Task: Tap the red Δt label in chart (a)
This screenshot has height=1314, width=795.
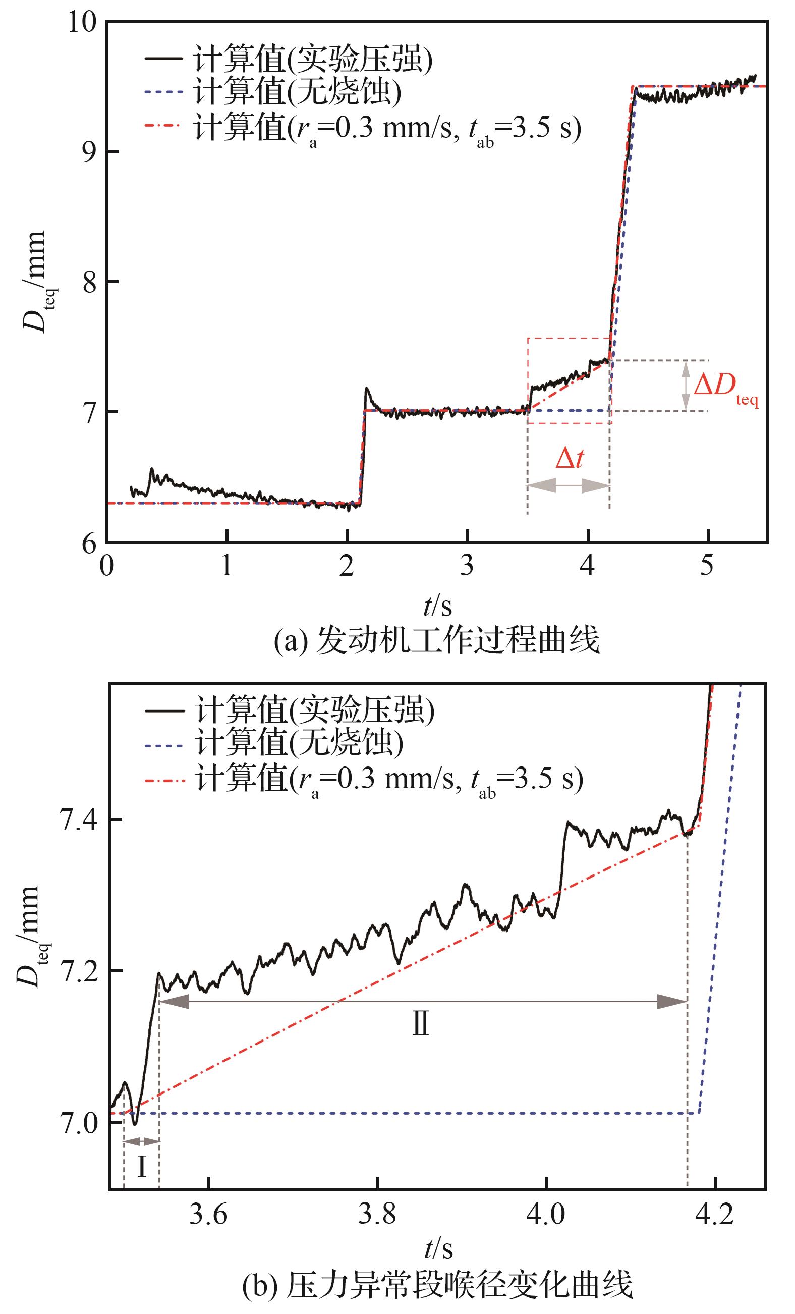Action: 570,458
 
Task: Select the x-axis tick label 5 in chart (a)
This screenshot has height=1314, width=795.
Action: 707,565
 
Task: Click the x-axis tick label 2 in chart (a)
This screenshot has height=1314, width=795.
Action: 347,565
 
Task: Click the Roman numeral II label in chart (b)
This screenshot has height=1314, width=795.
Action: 421,1024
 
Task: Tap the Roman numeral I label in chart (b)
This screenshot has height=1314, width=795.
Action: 141,1167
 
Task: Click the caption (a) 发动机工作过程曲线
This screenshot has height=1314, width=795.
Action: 436,641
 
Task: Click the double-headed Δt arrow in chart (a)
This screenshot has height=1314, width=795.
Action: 569,485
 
